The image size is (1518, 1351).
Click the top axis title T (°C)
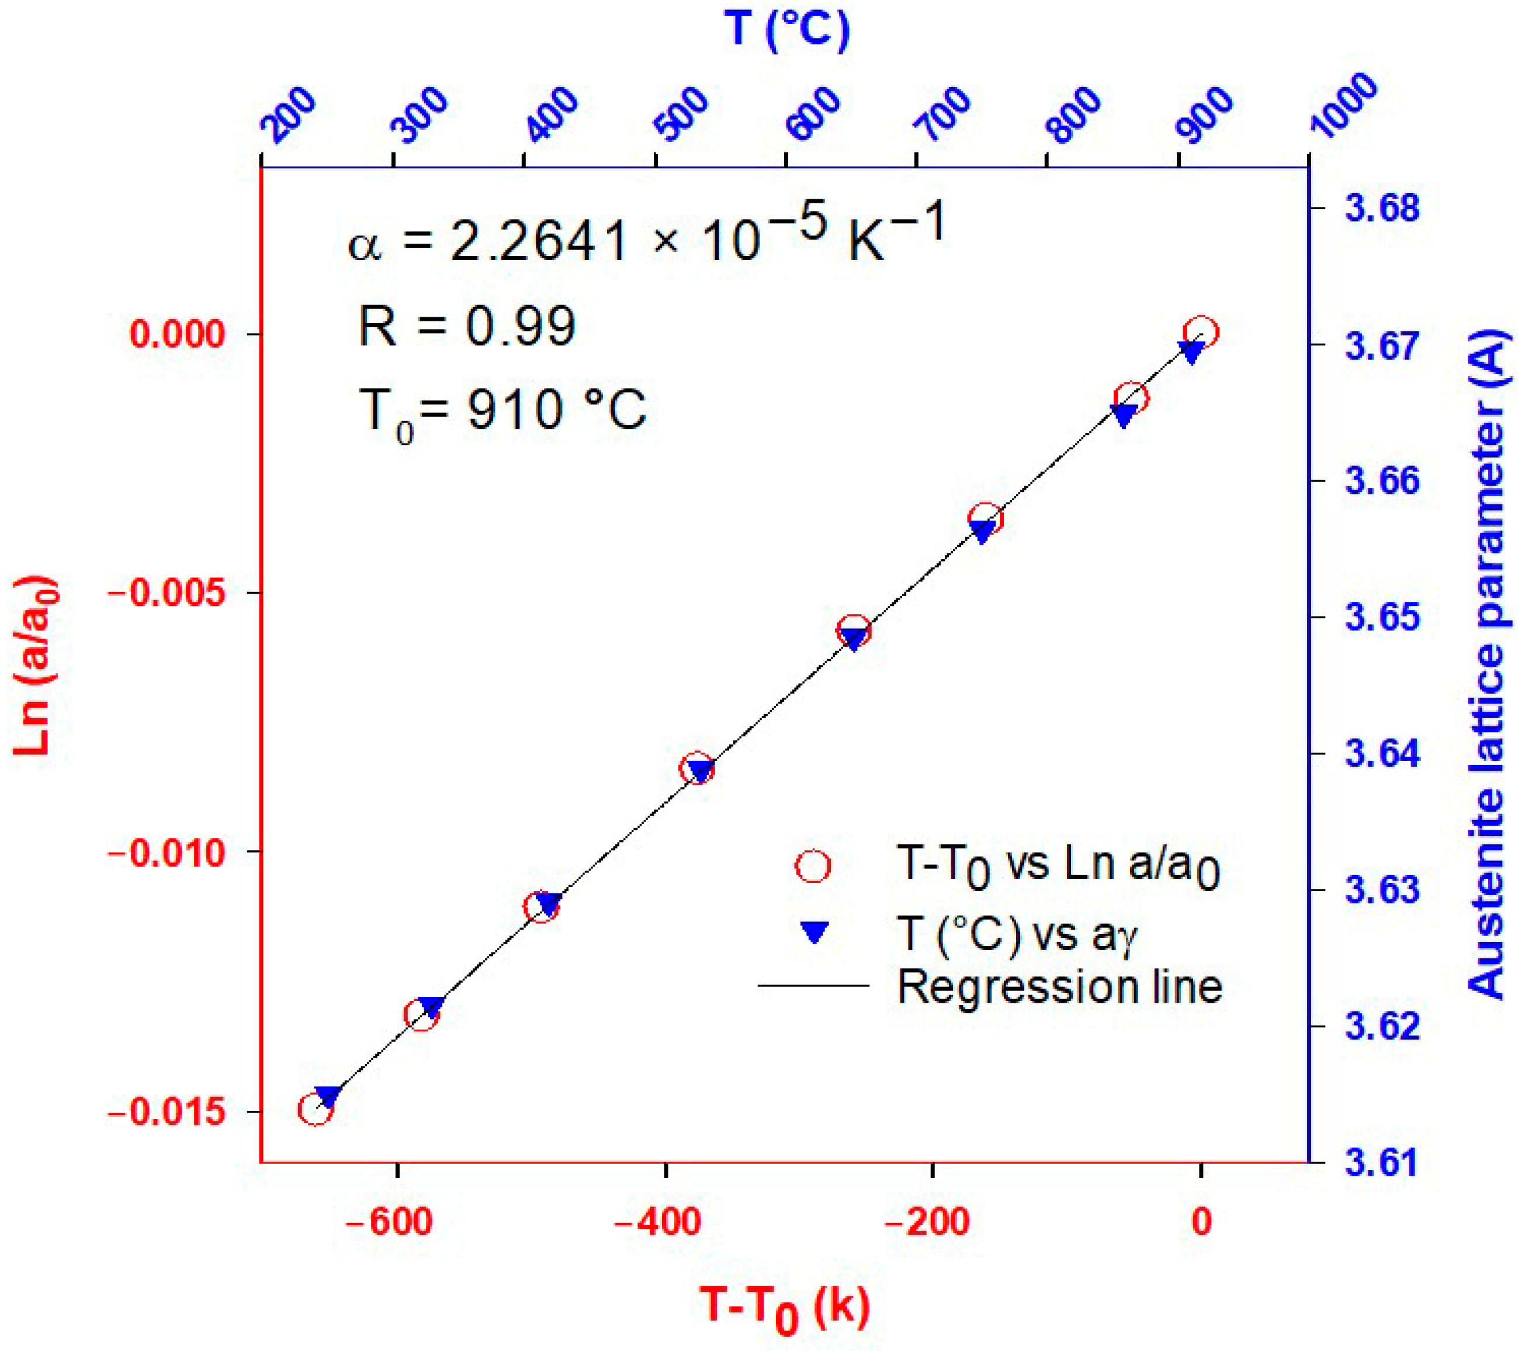[x=786, y=30]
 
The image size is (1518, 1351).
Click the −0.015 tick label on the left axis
[x=167, y=1112]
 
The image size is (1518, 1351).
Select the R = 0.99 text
[x=466, y=326]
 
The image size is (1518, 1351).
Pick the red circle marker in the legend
[x=813, y=866]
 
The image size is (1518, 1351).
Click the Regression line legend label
[x=1060, y=986]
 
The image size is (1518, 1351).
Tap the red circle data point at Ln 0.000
[x=1201, y=332]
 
